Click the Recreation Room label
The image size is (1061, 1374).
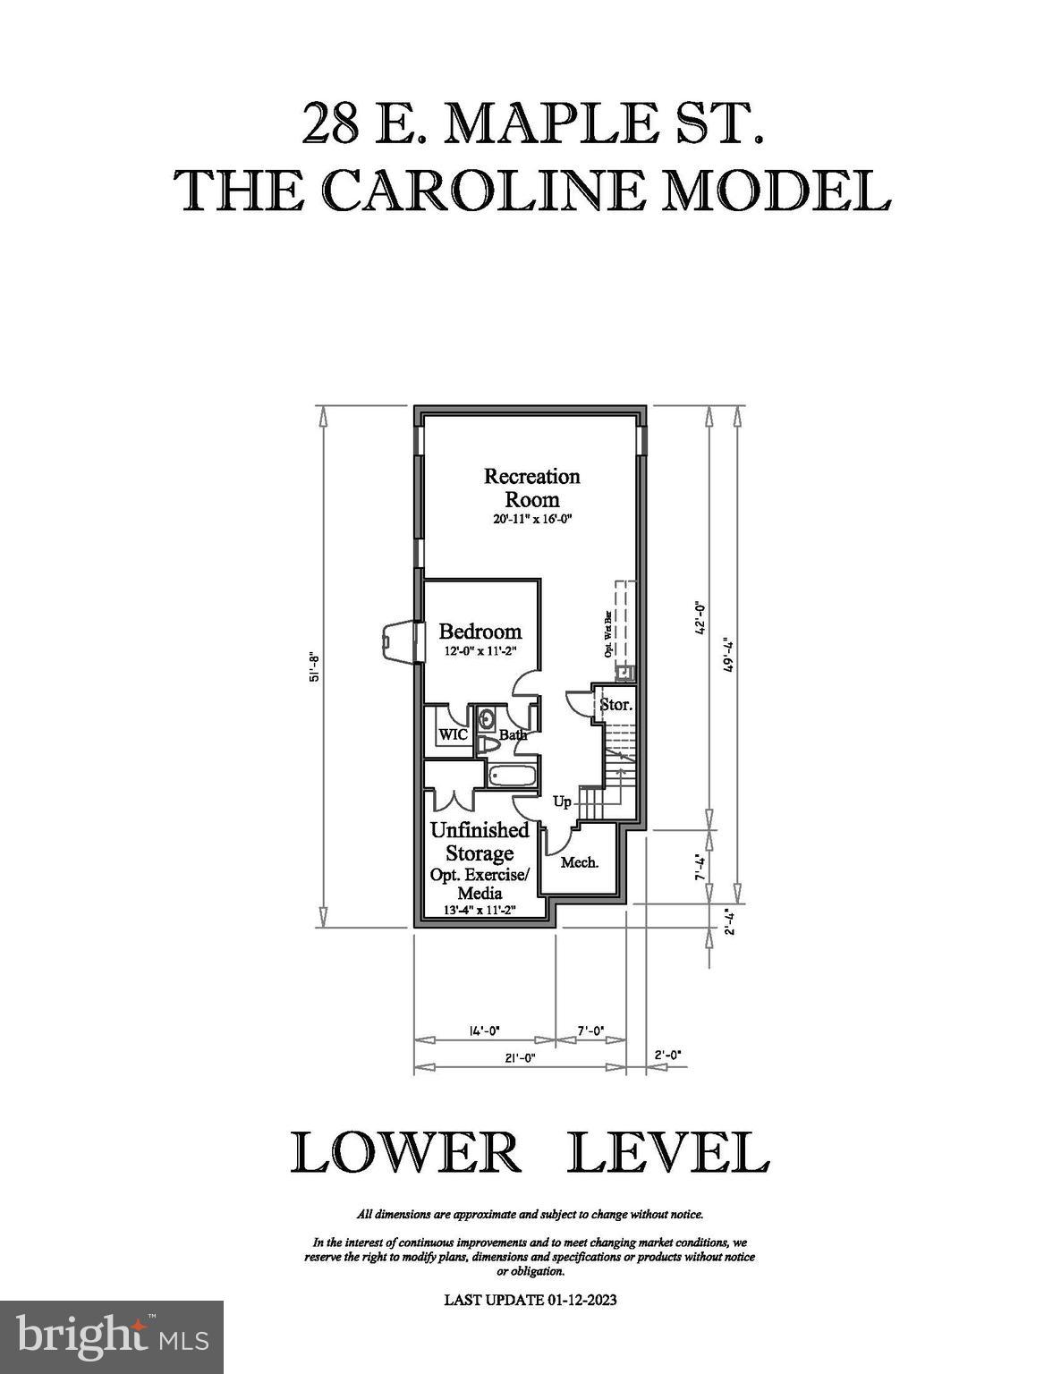click(x=531, y=488)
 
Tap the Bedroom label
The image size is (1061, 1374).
click(x=480, y=631)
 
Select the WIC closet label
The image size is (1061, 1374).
click(x=454, y=734)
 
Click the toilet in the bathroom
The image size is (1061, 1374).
click(x=488, y=745)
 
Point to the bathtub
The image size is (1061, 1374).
click(x=512, y=776)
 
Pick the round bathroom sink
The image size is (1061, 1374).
click(x=488, y=719)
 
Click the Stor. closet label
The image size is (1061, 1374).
click(x=615, y=704)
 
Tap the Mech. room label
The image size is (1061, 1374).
click(x=579, y=861)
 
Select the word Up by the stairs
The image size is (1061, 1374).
click(x=562, y=801)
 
